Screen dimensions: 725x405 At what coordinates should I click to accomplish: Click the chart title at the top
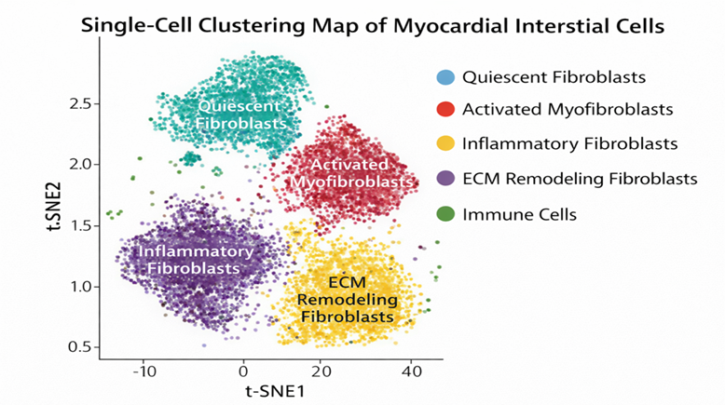pos(373,26)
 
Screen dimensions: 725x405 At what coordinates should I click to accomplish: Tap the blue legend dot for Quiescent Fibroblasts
pos(445,77)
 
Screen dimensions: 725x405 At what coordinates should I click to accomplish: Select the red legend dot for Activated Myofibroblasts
pos(445,110)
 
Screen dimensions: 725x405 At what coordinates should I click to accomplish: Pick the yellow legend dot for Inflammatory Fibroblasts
pos(445,143)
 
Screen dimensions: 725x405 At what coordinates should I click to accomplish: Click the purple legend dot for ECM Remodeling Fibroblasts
pos(445,179)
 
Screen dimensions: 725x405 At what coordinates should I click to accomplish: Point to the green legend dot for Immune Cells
pos(445,214)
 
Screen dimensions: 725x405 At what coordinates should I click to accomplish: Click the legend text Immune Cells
pos(520,215)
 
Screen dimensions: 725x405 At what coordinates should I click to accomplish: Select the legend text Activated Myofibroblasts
pos(568,110)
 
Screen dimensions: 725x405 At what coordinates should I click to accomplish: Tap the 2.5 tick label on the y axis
pos(80,103)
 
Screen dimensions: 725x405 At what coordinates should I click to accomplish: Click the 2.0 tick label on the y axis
pos(80,165)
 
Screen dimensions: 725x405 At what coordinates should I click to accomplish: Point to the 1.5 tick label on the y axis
pos(80,226)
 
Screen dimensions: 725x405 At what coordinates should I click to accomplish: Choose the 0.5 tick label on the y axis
pos(80,347)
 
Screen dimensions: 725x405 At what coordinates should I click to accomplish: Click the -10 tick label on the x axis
pos(144,371)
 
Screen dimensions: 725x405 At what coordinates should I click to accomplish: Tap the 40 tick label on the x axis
pos(412,371)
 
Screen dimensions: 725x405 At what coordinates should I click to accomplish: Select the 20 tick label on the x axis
pos(321,371)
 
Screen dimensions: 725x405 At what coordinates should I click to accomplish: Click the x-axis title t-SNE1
pos(275,392)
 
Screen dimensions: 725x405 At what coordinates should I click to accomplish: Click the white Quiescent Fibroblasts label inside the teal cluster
pos(241,115)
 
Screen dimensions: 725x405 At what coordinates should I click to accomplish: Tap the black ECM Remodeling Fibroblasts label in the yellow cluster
pos(348,299)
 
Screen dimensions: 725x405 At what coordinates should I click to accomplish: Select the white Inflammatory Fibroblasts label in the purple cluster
pos(196,260)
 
